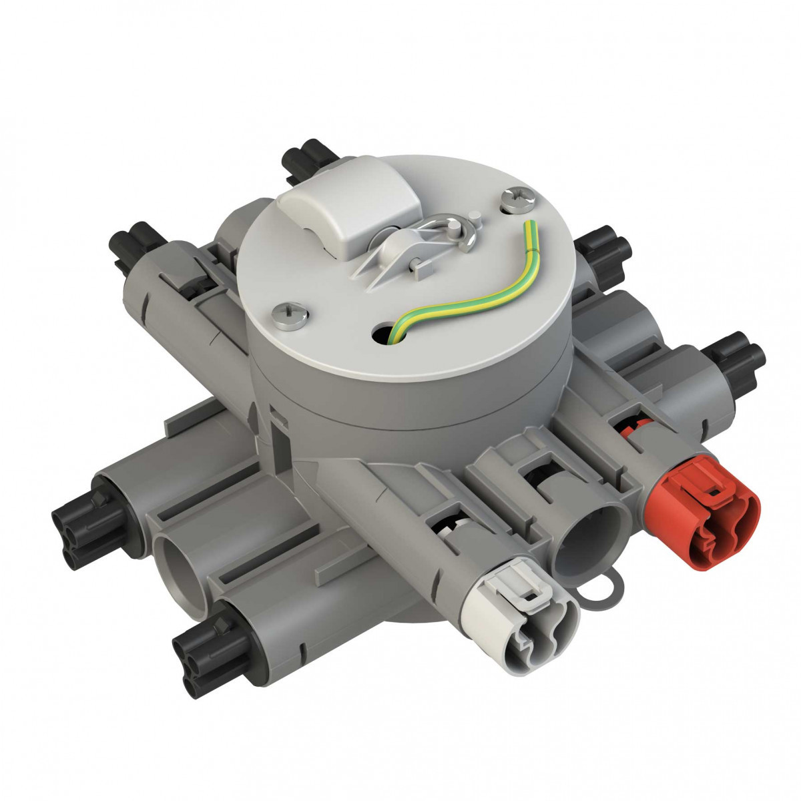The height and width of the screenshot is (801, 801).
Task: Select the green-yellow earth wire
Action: coord(467,294)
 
